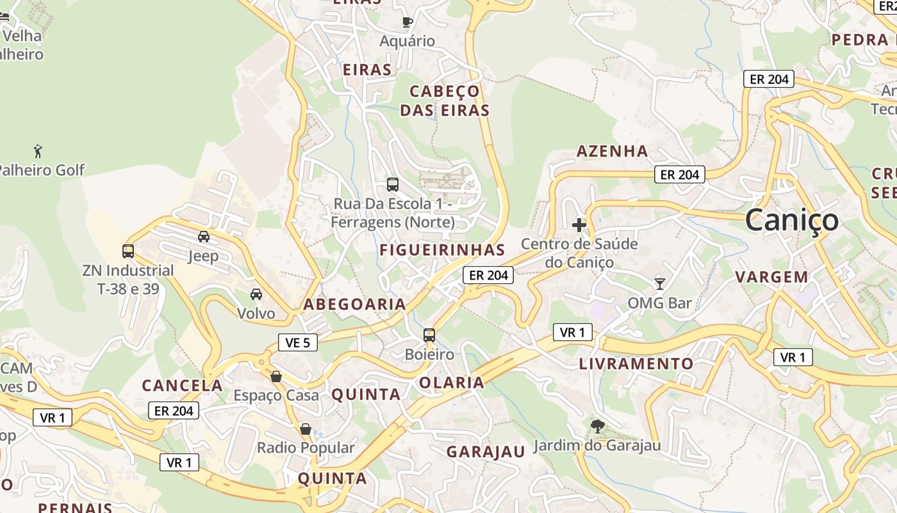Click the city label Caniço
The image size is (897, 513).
(791, 221)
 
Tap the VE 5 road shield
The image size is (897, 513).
(297, 342)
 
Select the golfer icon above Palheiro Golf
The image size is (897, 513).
(38, 152)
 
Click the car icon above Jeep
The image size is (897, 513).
(204, 237)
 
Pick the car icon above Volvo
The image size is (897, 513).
(256, 294)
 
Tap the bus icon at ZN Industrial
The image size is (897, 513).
(128, 251)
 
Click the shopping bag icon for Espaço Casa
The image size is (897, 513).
(276, 376)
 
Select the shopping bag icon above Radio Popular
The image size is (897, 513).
(306, 428)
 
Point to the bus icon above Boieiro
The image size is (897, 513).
(429, 335)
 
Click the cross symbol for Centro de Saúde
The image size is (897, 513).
(579, 225)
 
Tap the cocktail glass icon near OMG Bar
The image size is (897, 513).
(659, 283)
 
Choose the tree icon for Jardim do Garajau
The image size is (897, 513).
(597, 426)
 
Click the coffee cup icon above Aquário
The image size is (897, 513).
(407, 22)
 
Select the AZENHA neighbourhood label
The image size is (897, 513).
(613, 151)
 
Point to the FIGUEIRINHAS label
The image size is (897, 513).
(442, 250)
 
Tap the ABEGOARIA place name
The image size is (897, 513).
(354, 305)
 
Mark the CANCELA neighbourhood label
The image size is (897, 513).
(182, 386)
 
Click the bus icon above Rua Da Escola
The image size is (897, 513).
(393, 185)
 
